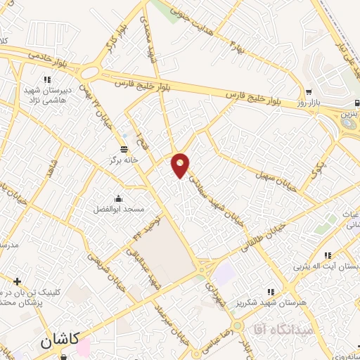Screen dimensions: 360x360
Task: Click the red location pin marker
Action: [x=181, y=165]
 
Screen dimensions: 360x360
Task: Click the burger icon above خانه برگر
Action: [x=124, y=149]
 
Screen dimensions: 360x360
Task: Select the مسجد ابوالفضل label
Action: [x=119, y=210]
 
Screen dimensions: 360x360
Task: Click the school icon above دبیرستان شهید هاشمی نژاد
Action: [x=49, y=79]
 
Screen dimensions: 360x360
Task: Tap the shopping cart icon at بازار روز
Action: [x=309, y=92]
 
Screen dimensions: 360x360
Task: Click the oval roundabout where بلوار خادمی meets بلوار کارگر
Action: [x=89, y=72]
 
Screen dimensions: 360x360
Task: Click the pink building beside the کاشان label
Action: [x=84, y=347]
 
